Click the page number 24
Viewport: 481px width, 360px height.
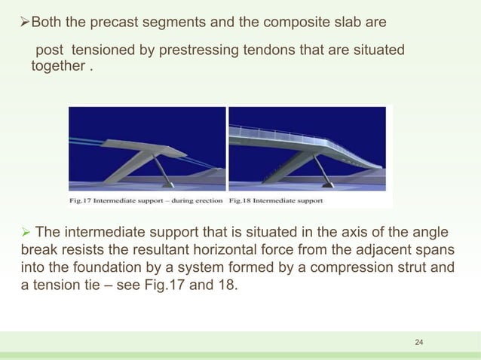point(420,343)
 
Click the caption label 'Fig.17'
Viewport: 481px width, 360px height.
point(76,201)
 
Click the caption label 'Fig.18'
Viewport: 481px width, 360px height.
point(243,201)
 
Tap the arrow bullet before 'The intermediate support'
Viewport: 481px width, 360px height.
point(23,231)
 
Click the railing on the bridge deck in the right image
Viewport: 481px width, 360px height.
point(302,132)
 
